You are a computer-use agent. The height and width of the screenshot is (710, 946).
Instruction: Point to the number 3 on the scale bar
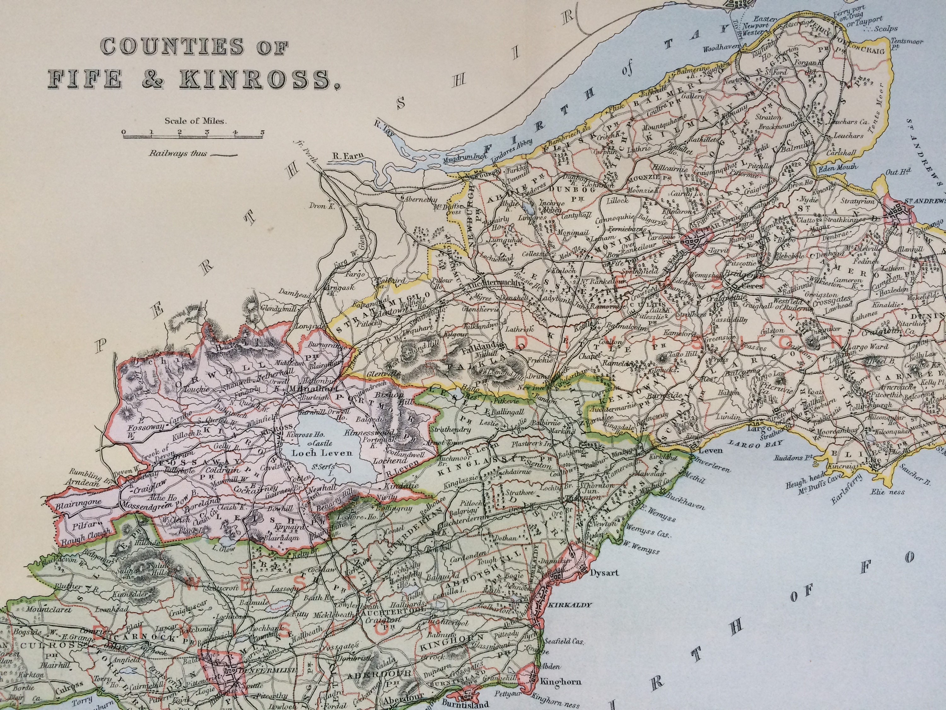tap(207, 131)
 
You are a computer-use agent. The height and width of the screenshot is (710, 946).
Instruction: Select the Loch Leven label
tap(317, 453)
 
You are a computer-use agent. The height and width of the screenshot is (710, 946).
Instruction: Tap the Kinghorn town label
tap(556, 680)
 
